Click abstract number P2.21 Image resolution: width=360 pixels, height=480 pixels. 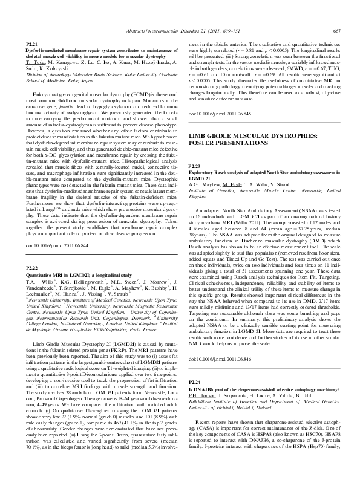33,45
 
